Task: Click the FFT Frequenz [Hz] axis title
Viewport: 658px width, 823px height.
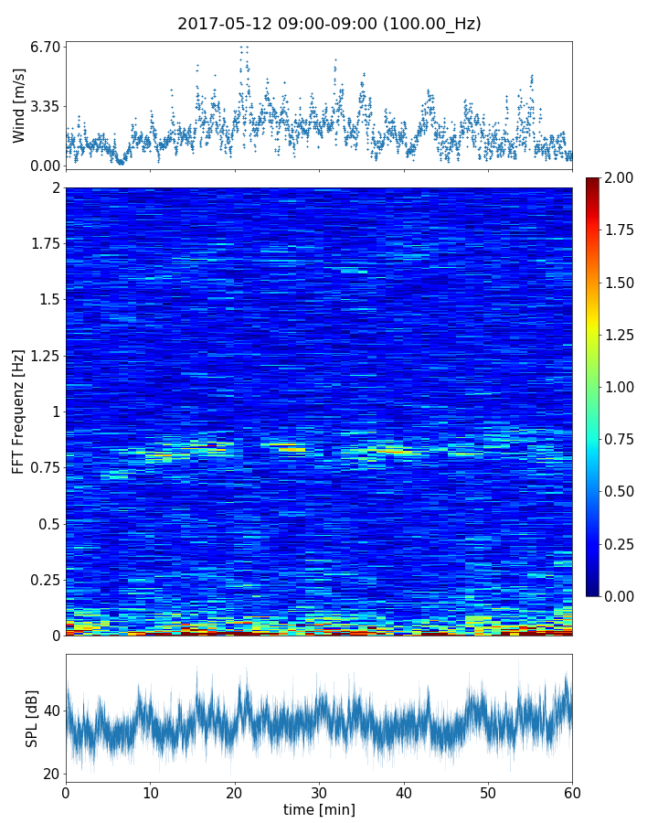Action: click(x=18, y=411)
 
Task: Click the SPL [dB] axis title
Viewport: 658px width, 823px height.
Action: click(x=32, y=719)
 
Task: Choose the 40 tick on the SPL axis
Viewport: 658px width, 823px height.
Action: click(x=51, y=711)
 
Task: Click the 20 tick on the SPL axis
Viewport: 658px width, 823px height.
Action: click(x=51, y=774)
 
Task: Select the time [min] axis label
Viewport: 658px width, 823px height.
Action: click(x=319, y=809)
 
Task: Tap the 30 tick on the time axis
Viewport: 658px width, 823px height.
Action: click(x=319, y=792)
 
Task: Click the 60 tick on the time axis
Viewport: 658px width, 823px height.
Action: click(x=572, y=792)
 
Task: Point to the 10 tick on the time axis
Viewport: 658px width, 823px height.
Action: click(x=150, y=792)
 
